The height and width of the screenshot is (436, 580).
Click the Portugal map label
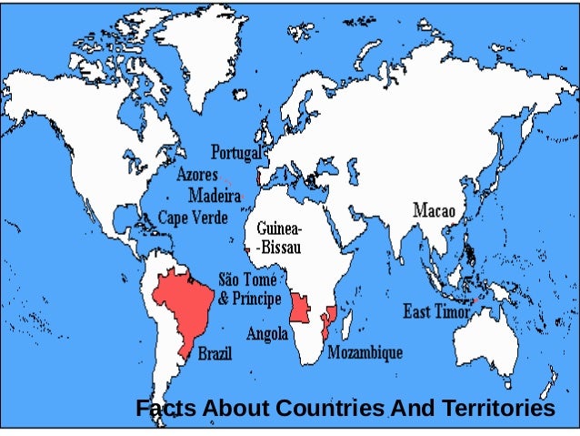235,151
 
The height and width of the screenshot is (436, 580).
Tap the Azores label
196,173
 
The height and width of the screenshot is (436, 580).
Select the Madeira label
214,195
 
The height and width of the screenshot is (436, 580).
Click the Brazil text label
215,352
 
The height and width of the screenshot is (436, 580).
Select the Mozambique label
365,351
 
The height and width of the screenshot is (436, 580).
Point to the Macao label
439,211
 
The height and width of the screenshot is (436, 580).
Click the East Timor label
436,311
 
